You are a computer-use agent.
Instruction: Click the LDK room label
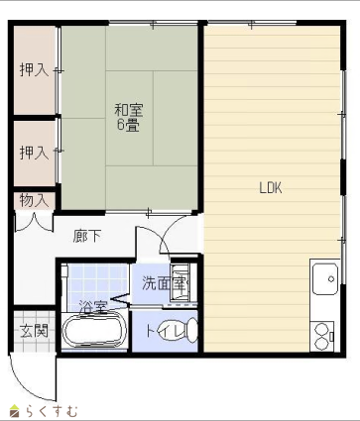coord(271,188)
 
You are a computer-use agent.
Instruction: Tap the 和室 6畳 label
coord(129,118)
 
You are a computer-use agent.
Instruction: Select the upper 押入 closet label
coord(35,70)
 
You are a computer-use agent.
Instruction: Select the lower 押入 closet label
coord(35,153)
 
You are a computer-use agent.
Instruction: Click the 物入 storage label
coord(34,200)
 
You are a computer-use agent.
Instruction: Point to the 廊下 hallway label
coord(87,236)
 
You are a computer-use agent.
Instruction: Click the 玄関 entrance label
coord(34,331)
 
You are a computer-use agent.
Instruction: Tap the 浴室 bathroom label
coord(94,307)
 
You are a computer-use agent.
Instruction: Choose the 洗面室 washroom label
coord(165,283)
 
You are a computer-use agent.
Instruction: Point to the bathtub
coord(94,331)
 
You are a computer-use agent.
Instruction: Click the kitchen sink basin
coord(325,279)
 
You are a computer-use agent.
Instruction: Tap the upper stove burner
coord(320,330)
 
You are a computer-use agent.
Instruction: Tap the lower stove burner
coord(320,344)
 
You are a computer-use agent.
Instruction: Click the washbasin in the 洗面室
coord(180,281)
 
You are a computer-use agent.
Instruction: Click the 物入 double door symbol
coord(34,223)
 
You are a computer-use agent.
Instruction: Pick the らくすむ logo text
coord(52,411)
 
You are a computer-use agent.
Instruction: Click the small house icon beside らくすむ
coord(15,410)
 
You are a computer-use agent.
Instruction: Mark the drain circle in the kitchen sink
coord(331,279)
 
